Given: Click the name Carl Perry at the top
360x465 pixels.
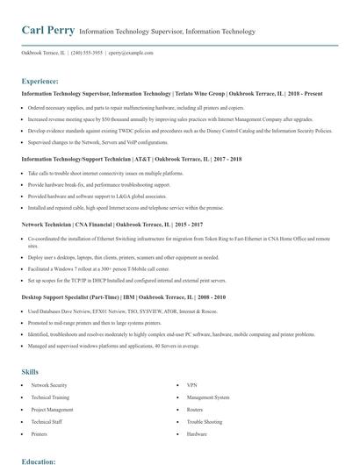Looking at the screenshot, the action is click(47, 31).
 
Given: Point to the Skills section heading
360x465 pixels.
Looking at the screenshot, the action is click(31, 372).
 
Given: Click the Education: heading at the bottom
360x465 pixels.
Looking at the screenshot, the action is click(40, 460).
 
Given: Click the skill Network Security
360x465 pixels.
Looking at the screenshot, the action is click(49, 385).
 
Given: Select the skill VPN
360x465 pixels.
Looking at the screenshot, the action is click(191, 385).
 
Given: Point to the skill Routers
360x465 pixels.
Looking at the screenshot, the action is click(194, 410).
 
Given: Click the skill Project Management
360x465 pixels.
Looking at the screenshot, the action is click(52, 410).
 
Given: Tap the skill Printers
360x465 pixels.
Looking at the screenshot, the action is click(40, 434).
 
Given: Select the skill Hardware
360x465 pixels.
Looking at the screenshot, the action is click(197, 434).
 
